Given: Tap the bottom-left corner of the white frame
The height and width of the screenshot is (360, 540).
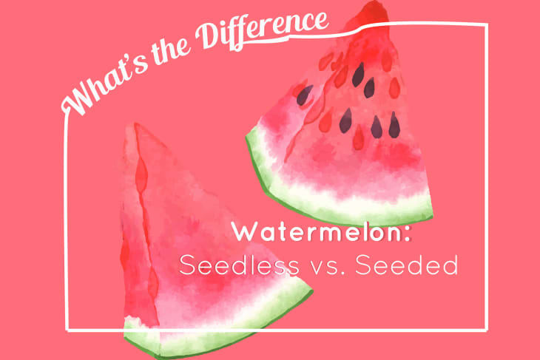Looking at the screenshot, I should click(x=67, y=328).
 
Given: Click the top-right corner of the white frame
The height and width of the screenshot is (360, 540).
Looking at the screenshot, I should click(x=486, y=25).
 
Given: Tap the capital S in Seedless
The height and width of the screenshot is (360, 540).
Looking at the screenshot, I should click(x=188, y=265).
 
